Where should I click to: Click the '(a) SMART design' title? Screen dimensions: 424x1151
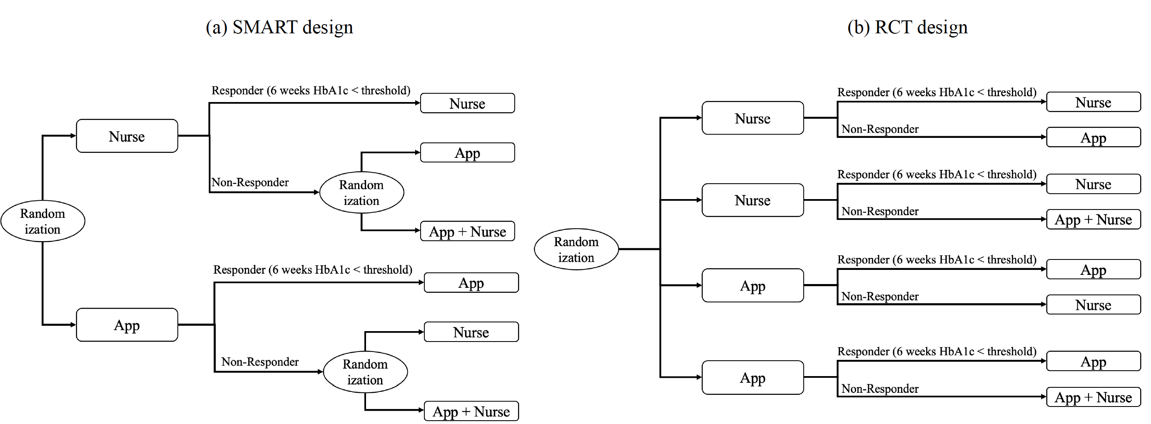[279, 27]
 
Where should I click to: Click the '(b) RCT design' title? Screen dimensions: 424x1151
[907, 27]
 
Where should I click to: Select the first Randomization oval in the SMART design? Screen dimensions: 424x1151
[42, 221]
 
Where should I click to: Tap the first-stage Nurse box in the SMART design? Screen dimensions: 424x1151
[127, 136]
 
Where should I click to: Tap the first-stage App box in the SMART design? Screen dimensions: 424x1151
[127, 325]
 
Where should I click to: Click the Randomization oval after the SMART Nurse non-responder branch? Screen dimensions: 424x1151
[361, 192]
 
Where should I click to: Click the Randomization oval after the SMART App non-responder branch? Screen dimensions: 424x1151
[365, 372]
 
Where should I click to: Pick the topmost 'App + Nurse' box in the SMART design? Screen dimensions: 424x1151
[467, 232]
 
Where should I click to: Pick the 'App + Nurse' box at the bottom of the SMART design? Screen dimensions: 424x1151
[471, 411]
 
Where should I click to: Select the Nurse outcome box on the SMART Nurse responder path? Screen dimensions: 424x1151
[467, 103]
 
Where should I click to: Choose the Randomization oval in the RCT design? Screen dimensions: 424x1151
[576, 249]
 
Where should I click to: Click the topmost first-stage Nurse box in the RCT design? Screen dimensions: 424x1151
[752, 118]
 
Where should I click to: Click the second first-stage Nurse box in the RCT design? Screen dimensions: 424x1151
[752, 200]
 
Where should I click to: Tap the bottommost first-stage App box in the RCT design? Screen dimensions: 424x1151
[752, 377]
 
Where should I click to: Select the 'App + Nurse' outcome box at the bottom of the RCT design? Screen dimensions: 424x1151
[1093, 397]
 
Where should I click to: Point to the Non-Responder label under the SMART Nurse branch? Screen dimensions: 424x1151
[250, 182]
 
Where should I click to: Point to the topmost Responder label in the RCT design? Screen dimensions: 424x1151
[937, 92]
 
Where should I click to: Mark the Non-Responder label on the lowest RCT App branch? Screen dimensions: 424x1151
[880, 389]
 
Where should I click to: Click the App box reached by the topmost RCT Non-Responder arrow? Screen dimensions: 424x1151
[1093, 137]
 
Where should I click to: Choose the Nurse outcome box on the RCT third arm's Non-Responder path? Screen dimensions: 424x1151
[1093, 305]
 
